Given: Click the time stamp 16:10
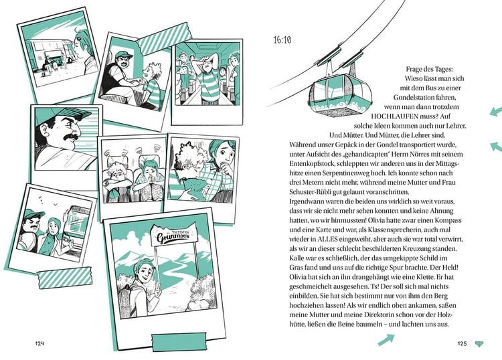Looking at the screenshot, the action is [x=282, y=39].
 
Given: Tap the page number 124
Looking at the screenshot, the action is [x=39, y=343].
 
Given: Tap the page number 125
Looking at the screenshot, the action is [x=462, y=344].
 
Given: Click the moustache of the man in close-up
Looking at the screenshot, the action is [x=72, y=137].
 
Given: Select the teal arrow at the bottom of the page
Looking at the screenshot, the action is [x=386, y=339].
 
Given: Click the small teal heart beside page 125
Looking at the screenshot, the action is [x=479, y=344].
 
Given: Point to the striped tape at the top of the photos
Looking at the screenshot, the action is [x=164, y=38].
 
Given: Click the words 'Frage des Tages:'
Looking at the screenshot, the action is [x=430, y=69].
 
